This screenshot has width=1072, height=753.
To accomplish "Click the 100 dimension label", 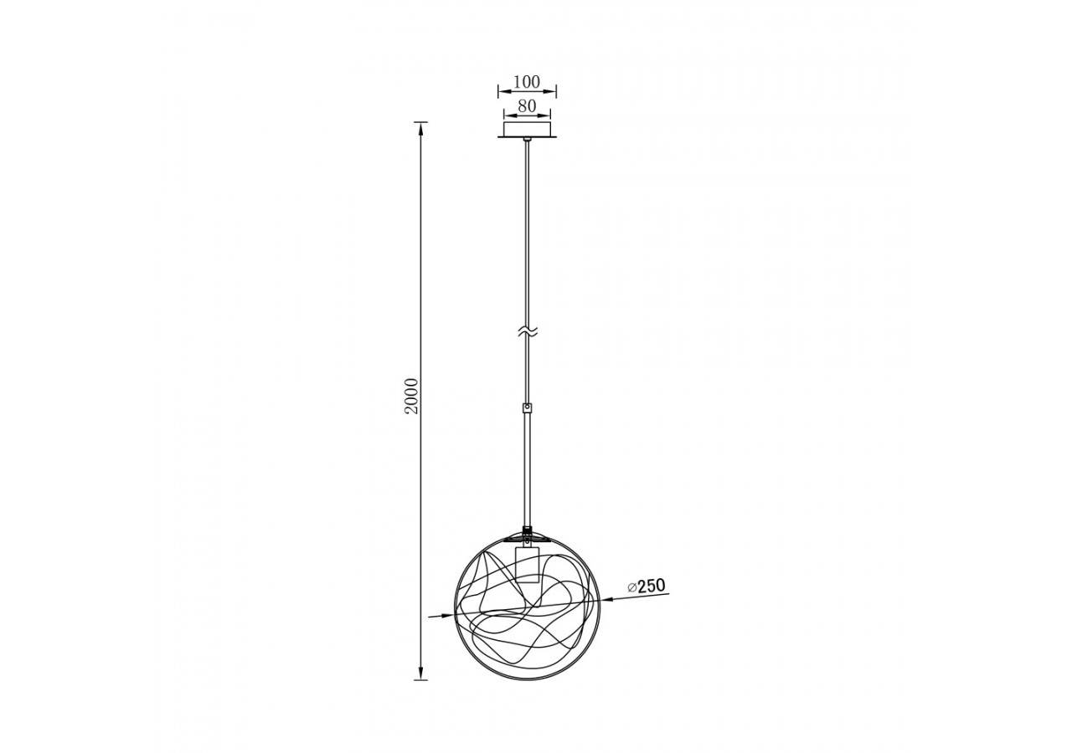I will click(x=526, y=82).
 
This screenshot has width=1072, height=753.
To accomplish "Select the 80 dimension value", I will click(x=527, y=106).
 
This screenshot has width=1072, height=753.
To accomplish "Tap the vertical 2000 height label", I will click(x=410, y=400).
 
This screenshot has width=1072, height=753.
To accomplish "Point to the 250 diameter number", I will click(x=651, y=586).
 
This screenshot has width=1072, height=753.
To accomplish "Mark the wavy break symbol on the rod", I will click(x=527, y=331).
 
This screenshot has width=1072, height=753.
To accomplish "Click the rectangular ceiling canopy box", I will click(x=527, y=129).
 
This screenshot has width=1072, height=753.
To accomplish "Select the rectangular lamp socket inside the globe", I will click(x=527, y=564).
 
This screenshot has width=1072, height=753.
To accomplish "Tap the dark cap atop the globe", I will click(x=527, y=530).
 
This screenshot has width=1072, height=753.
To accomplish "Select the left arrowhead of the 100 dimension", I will click(x=502, y=91).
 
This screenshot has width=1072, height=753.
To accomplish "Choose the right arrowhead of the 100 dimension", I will click(x=553, y=91).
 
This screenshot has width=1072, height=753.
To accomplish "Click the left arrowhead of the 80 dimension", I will click(x=507, y=115).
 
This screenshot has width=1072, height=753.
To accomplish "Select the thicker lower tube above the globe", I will click(x=527, y=469).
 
